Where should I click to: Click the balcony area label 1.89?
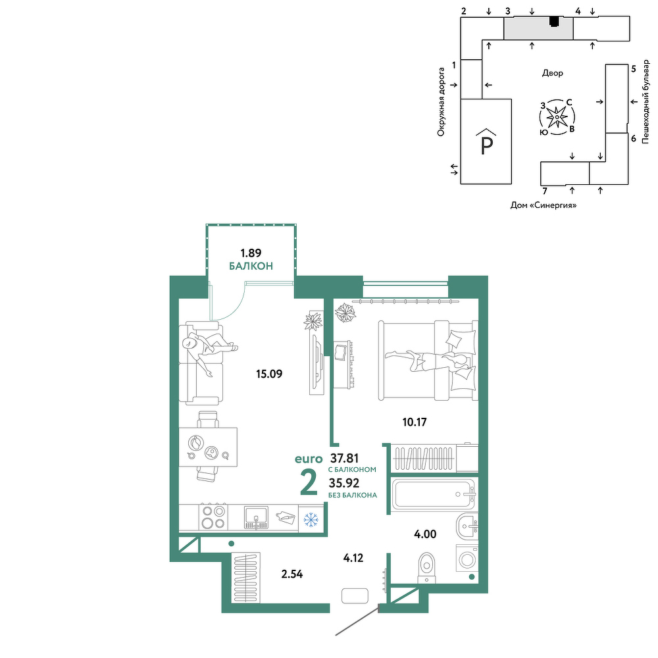point(251,253)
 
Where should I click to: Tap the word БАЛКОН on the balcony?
point(251,266)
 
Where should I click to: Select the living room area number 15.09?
point(269,374)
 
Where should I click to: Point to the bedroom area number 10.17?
point(414,422)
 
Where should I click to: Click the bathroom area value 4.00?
point(425,534)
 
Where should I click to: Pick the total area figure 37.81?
point(344,458)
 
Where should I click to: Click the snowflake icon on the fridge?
point(311,520)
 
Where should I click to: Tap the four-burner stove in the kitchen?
point(213,517)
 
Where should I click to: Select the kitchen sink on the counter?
point(256,518)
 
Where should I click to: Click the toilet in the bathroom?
point(427,567)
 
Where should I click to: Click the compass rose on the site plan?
point(557,117)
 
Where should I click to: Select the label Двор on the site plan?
point(552,73)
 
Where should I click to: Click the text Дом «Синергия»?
point(543,205)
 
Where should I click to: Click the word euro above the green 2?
point(309,459)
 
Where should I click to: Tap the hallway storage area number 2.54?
point(291,574)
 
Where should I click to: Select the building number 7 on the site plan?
point(545,191)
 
